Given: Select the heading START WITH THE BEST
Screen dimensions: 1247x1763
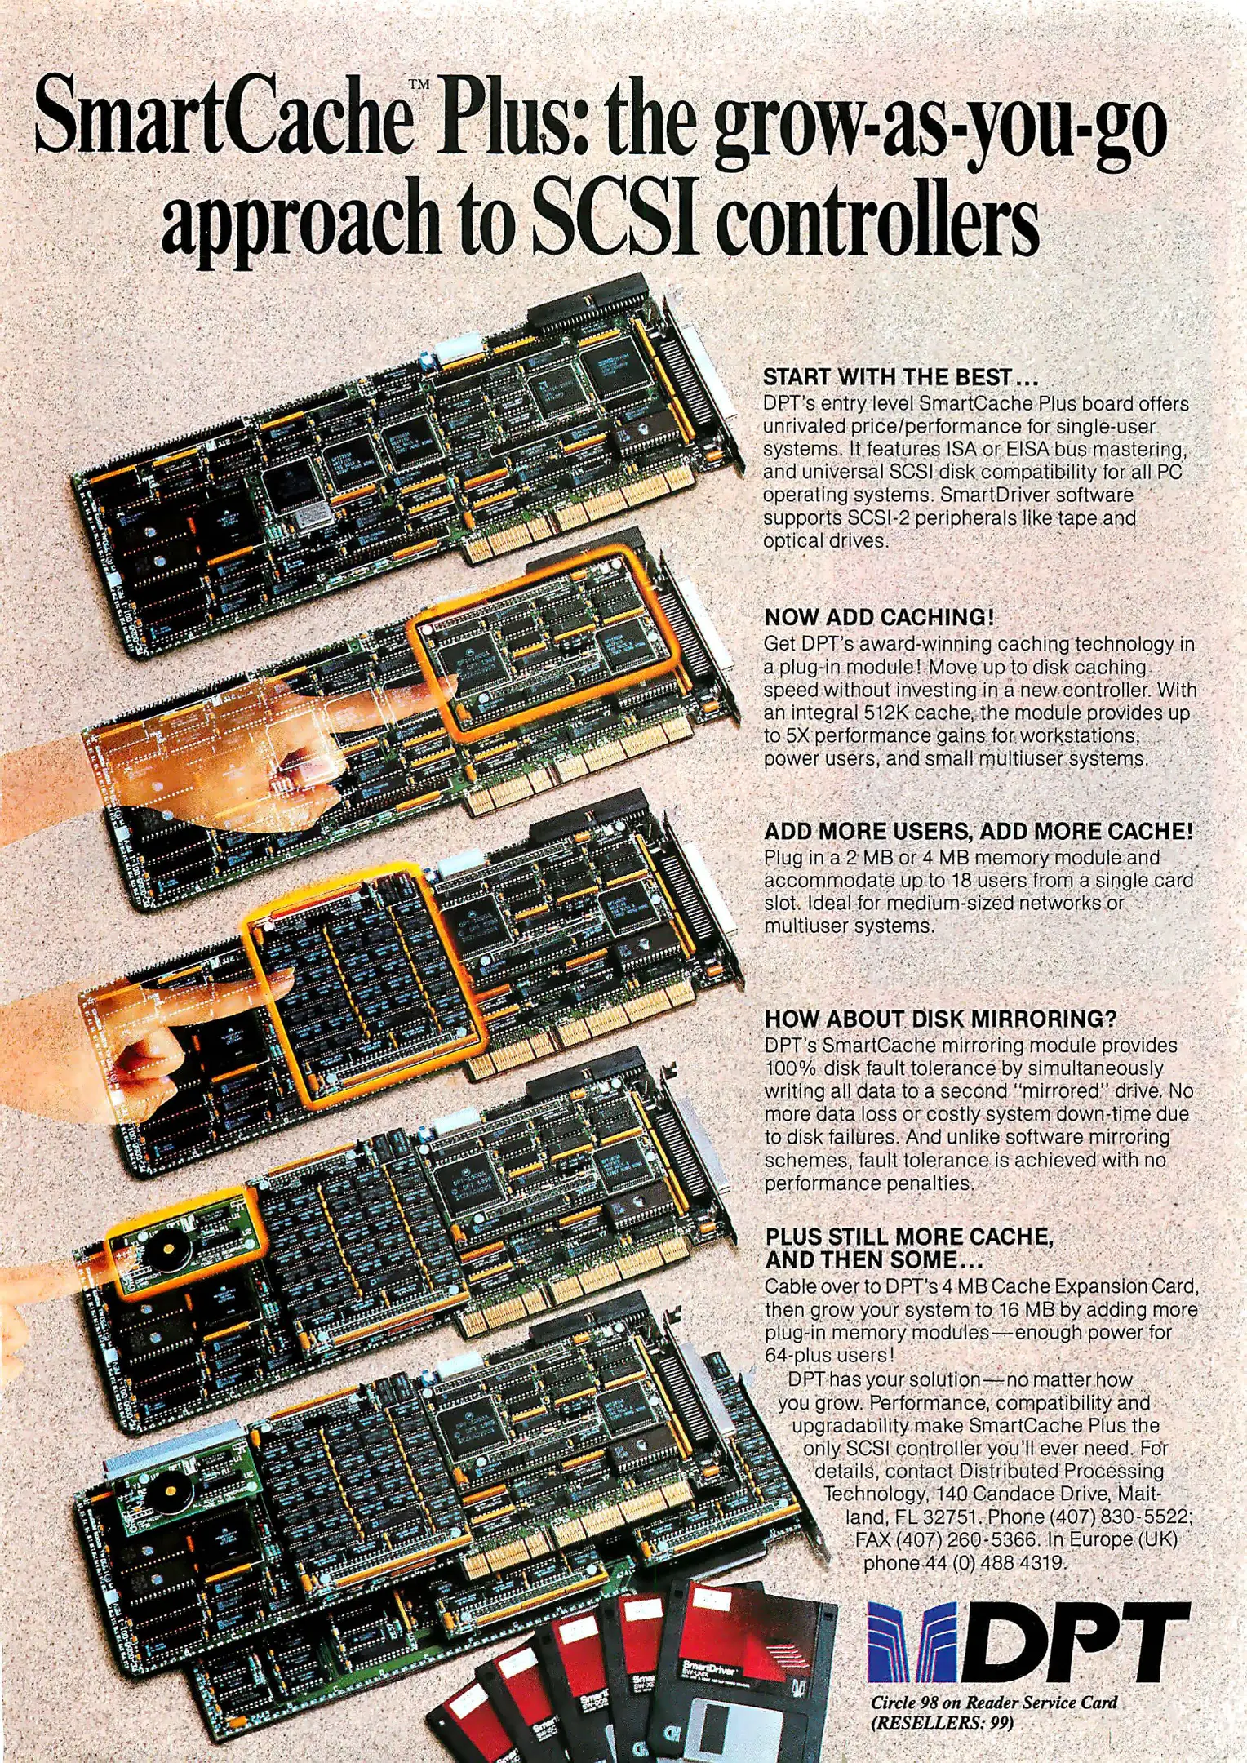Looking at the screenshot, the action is [900, 377].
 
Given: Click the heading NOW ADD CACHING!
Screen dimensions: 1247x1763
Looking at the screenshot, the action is [879, 617].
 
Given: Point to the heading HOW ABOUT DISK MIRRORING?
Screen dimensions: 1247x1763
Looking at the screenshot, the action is [940, 1019].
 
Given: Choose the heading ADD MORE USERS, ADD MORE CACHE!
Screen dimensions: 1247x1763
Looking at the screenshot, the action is [979, 831].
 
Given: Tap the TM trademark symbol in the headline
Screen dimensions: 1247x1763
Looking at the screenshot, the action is [419, 84].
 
